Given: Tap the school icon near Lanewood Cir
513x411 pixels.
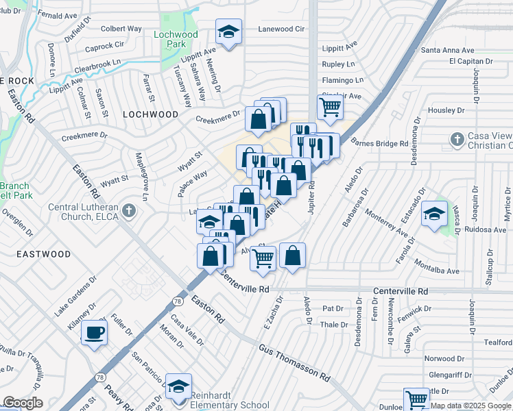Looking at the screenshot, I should tap(229, 32).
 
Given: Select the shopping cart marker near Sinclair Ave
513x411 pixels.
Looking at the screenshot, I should tap(330, 107).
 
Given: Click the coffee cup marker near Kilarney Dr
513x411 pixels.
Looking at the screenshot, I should tap(94, 334).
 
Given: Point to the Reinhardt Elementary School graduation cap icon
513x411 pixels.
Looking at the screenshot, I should tap(178, 386).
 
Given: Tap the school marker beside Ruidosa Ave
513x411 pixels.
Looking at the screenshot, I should tap(434, 214).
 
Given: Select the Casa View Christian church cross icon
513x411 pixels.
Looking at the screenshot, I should tap(457, 140).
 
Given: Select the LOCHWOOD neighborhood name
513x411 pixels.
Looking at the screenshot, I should tap(150, 114).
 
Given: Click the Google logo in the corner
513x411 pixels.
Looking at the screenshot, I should tap(22, 403).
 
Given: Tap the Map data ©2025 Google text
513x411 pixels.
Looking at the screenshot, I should tap(471, 406).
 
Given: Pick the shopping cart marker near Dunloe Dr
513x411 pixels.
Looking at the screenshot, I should tap(416, 399).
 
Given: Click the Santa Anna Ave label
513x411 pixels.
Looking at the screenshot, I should tap(448, 50).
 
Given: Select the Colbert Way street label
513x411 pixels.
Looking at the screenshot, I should tap(121, 29).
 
